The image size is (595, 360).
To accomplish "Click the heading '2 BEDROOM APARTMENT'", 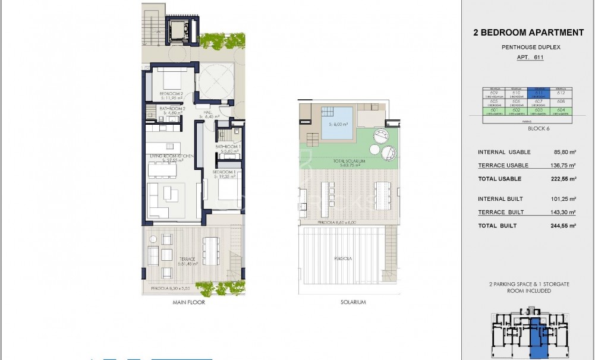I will pos(528,33).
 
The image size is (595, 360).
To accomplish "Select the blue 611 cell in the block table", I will pos(540,93).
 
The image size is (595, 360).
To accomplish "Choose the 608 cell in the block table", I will pos(561,102).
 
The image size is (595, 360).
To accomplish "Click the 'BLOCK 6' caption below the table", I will pos(528,128).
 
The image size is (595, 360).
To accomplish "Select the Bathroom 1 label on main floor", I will pos(227,147).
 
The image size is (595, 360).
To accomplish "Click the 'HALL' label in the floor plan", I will pos(207,112).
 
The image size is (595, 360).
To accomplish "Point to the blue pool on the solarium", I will pos(338,123).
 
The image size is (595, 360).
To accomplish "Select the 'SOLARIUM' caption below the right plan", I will pos(352,302).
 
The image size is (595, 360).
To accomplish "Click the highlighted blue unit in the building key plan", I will pos(537,339).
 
